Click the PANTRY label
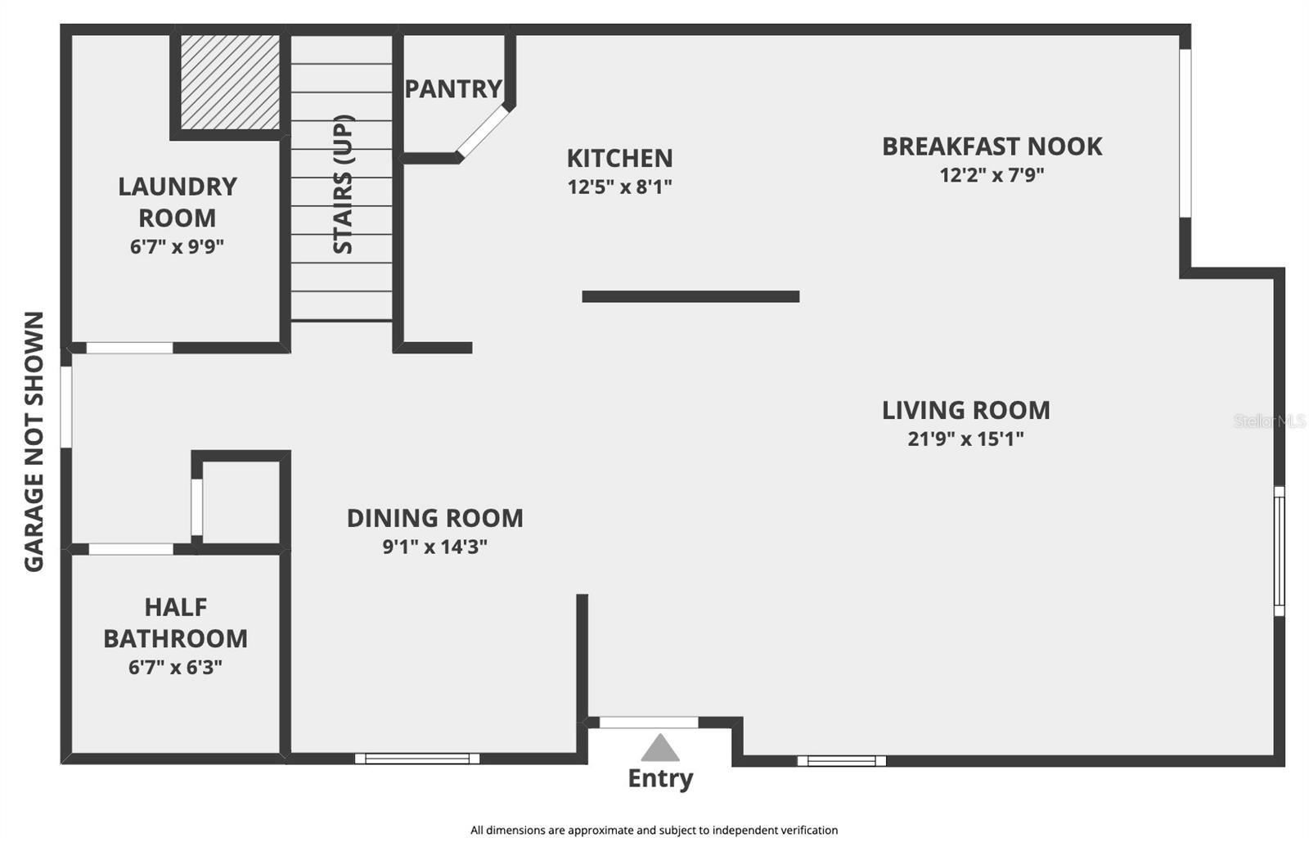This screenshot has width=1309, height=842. tap(453, 89)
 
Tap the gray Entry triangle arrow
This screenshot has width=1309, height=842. tap(659, 748)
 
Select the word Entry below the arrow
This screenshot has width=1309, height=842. tap(660, 779)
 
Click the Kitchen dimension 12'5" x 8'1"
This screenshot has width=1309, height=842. tap(619, 187)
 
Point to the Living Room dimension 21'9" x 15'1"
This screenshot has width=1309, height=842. tap(965, 439)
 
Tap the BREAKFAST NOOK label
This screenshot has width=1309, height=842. tap(992, 146)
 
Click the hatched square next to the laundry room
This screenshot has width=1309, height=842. tap(230, 82)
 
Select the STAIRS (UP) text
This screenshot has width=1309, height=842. tap(343, 184)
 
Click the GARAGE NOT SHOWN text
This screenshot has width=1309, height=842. tap(34, 442)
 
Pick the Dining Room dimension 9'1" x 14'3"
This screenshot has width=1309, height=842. tap(434, 547)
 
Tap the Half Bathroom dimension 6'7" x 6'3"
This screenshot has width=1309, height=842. tap(175, 667)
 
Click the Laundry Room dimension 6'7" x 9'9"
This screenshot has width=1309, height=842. tap(177, 246)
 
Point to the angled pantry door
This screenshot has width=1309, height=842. tap(483, 132)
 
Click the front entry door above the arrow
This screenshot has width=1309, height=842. tap(649, 723)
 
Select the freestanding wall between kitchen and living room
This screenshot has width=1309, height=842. tap(690, 296)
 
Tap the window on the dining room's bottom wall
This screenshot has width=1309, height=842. tap(417, 759)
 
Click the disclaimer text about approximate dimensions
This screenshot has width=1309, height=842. tap(654, 831)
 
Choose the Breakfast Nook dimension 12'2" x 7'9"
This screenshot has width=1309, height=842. tap(992, 175)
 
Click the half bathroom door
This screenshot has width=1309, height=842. tap(131, 549)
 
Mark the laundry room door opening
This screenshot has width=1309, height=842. tap(130, 349)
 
